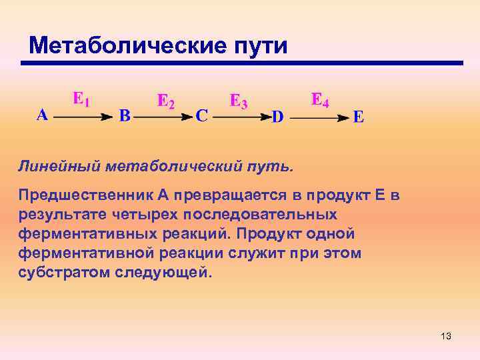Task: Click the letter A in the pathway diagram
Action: [x=41, y=115]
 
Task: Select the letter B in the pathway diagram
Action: [x=125, y=115]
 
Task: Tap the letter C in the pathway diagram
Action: [x=201, y=116]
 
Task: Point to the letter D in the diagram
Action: [x=277, y=117]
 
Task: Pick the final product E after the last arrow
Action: [x=358, y=117]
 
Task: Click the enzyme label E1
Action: [x=81, y=100]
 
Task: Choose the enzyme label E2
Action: [x=165, y=101]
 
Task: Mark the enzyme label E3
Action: [x=239, y=101]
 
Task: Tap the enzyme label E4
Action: [x=320, y=100]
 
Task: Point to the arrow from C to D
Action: [x=241, y=117]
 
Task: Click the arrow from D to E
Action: [x=320, y=117]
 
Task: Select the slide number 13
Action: [x=446, y=336]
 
